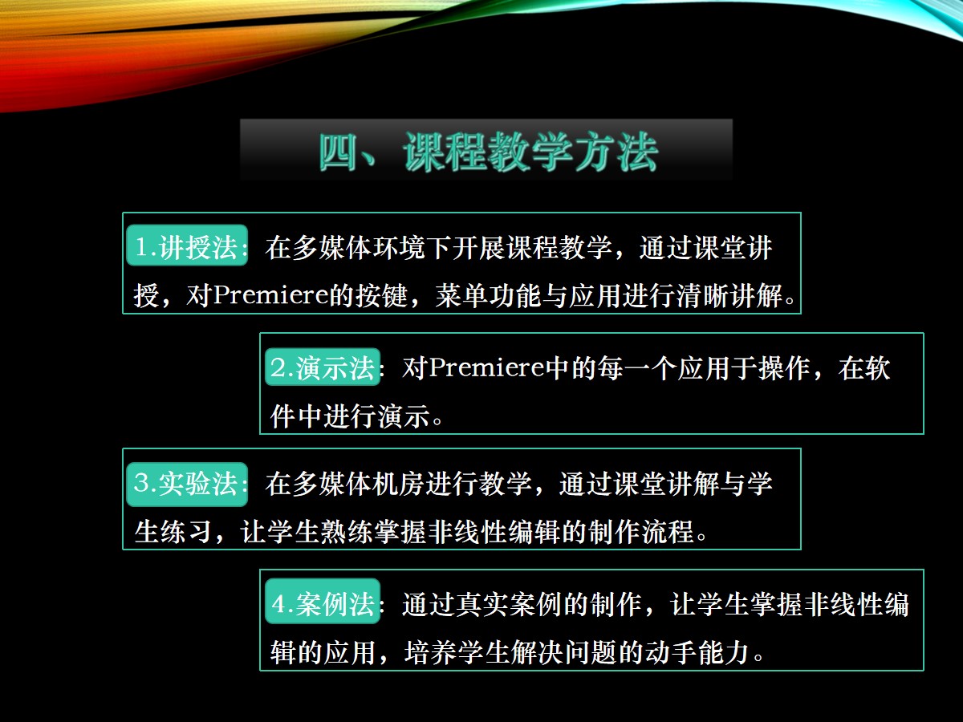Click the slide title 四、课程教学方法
pos(487,152)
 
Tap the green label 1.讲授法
pos(187,245)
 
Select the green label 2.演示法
pos(323,367)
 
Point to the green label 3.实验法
pos(187,484)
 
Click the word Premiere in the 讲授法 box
pos(270,294)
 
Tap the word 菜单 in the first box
pos(461,295)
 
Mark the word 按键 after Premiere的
pos(382,295)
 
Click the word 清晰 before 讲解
pos(702,295)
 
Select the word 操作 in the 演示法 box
pos(784,367)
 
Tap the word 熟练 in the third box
pos(347,532)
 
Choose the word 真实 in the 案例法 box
pos(481,605)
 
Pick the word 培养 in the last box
pos(430,653)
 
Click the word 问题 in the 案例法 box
pos(591,653)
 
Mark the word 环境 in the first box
pos(400,247)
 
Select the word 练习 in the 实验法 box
pos(186,532)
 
